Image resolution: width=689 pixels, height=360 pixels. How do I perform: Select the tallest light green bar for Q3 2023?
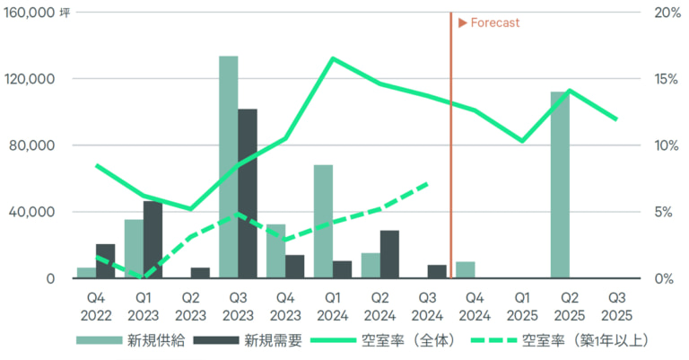[229, 167]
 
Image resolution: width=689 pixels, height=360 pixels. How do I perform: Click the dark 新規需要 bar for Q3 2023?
[248, 193]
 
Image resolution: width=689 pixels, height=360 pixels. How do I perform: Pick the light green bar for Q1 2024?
[323, 221]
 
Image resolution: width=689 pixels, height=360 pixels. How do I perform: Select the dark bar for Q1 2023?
[153, 240]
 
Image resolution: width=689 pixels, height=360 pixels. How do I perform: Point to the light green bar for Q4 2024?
[465, 269]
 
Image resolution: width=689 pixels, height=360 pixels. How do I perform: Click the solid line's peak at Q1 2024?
[333, 58]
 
